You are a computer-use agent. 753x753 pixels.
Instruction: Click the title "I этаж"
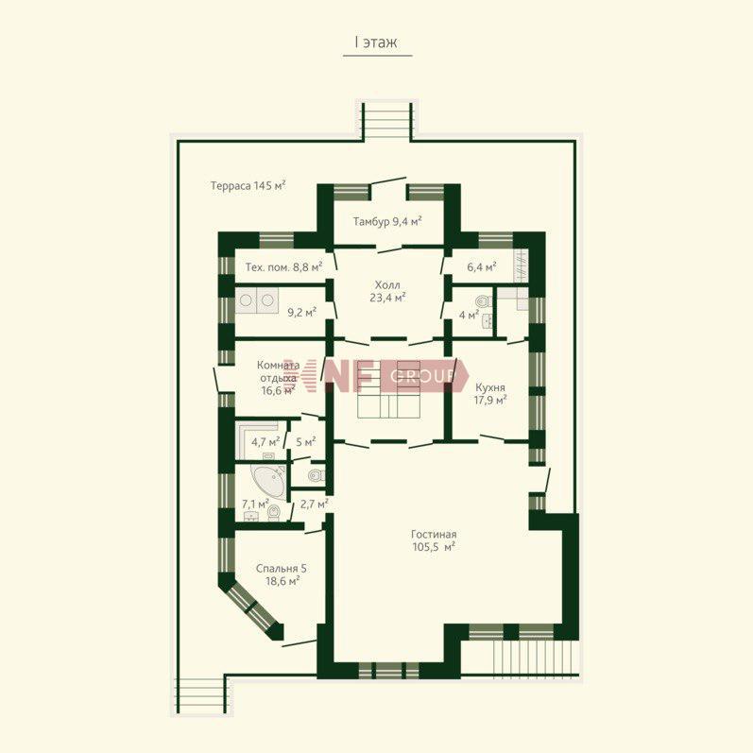point(376,43)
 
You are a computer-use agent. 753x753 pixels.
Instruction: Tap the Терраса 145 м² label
point(248,185)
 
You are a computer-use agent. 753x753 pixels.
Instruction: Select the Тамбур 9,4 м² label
point(387,221)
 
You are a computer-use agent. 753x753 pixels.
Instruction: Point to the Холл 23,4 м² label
point(387,292)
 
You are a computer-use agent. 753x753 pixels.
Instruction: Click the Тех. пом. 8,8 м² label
point(283,267)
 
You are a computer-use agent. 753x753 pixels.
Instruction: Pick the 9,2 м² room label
point(302,313)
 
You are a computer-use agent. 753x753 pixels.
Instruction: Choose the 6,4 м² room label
point(482,266)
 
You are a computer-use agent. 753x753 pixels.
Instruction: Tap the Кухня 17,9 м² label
point(490,394)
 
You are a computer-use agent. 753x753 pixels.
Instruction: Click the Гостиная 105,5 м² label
point(434,540)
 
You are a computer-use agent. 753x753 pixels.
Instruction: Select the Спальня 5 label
point(282,569)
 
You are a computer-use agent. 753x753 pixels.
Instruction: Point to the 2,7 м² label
point(314,505)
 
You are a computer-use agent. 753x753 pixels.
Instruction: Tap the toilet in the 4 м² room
point(484,301)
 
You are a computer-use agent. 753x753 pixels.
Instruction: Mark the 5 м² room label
point(305,442)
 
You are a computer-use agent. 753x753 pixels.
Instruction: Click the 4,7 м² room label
point(265,442)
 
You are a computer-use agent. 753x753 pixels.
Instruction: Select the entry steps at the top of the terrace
point(387,121)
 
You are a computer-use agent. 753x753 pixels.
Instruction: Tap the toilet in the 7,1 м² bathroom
point(274,512)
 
